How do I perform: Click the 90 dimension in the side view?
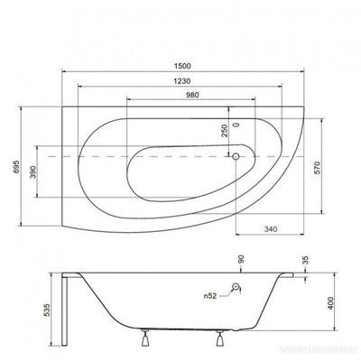click(x=240, y=259)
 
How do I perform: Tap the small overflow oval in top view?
click(x=236, y=125)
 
